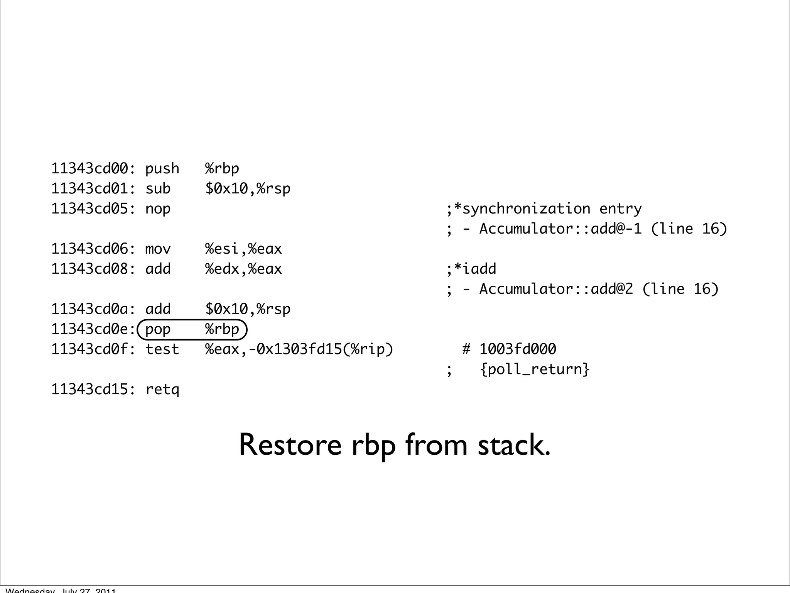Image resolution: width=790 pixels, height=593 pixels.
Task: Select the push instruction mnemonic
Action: click(x=162, y=169)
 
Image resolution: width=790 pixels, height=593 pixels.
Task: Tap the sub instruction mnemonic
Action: click(x=158, y=189)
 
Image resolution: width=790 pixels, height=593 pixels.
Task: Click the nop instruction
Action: click(x=158, y=209)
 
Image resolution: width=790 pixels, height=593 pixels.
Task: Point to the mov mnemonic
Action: click(x=158, y=249)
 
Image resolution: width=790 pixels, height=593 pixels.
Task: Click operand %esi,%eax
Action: click(x=243, y=249)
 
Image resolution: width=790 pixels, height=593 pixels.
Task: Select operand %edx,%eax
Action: click(x=243, y=269)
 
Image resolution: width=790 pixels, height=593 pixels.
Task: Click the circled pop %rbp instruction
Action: click(x=192, y=329)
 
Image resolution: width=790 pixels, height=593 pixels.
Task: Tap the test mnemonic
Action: click(x=162, y=349)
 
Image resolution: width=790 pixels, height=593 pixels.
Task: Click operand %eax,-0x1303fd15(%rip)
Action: click(x=299, y=349)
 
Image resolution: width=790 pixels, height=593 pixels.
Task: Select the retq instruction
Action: click(x=162, y=390)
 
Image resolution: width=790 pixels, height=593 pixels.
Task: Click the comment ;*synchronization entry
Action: click(x=544, y=209)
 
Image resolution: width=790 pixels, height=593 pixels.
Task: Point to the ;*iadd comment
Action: click(x=471, y=269)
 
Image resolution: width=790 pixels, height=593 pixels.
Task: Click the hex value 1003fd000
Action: click(x=518, y=349)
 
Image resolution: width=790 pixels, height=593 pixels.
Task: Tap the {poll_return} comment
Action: click(x=535, y=369)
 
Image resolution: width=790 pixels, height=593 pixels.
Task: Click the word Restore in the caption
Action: click(x=290, y=445)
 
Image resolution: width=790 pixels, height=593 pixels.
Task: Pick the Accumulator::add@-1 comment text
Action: click(x=560, y=229)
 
